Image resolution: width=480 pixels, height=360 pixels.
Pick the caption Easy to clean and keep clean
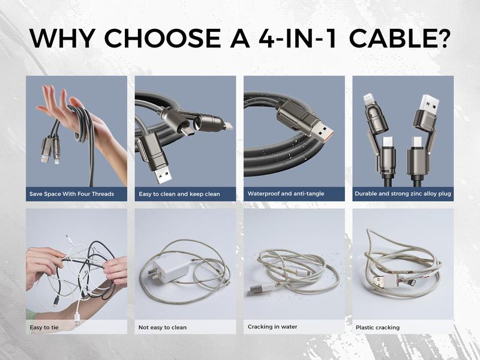pyautogui.click(x=179, y=194)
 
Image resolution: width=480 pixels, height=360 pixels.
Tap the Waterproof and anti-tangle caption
pyautogui.click(x=282, y=194)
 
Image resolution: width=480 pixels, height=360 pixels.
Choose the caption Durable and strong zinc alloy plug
pyautogui.click(x=403, y=194)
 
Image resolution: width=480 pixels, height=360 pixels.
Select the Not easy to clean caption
pyautogui.click(x=163, y=328)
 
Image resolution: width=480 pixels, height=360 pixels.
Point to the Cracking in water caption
pyautogui.click(x=272, y=327)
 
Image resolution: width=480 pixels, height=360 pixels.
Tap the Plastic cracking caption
pyautogui.click(x=377, y=328)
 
